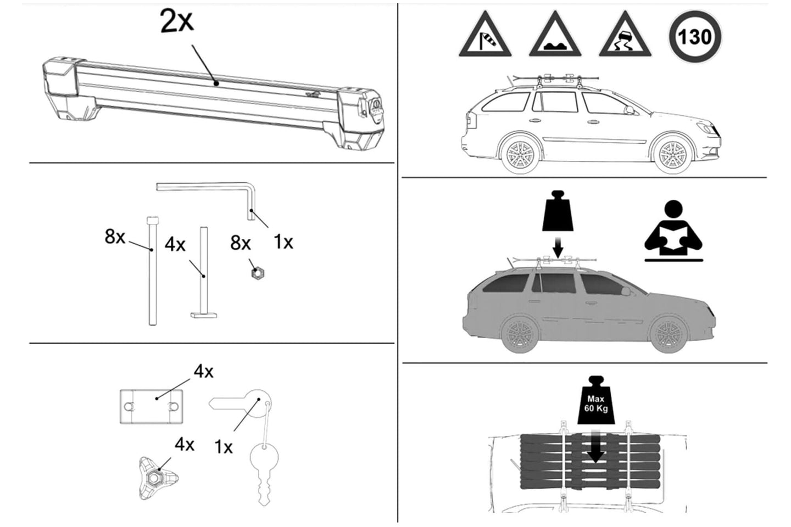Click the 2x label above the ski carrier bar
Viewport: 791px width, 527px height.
tap(177, 21)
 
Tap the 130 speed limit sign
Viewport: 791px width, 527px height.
tap(695, 37)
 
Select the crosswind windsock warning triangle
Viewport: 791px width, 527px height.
tap(485, 34)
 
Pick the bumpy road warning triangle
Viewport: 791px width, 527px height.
tap(555, 34)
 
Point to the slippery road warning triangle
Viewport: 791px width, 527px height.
tap(625, 34)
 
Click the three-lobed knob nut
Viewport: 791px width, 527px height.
tap(157, 478)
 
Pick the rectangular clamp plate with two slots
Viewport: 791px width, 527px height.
tap(152, 407)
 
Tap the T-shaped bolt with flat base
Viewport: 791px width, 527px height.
tap(204, 272)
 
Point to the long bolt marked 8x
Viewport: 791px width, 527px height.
tap(153, 271)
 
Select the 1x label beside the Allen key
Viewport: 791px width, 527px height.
tap(283, 243)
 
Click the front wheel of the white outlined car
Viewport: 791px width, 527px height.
tap(673, 154)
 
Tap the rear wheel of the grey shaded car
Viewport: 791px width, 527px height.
tap(520, 334)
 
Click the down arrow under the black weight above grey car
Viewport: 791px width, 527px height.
tap(558, 247)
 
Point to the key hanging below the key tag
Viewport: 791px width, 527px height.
tap(264, 473)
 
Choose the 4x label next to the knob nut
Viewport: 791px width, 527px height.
tap(185, 445)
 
